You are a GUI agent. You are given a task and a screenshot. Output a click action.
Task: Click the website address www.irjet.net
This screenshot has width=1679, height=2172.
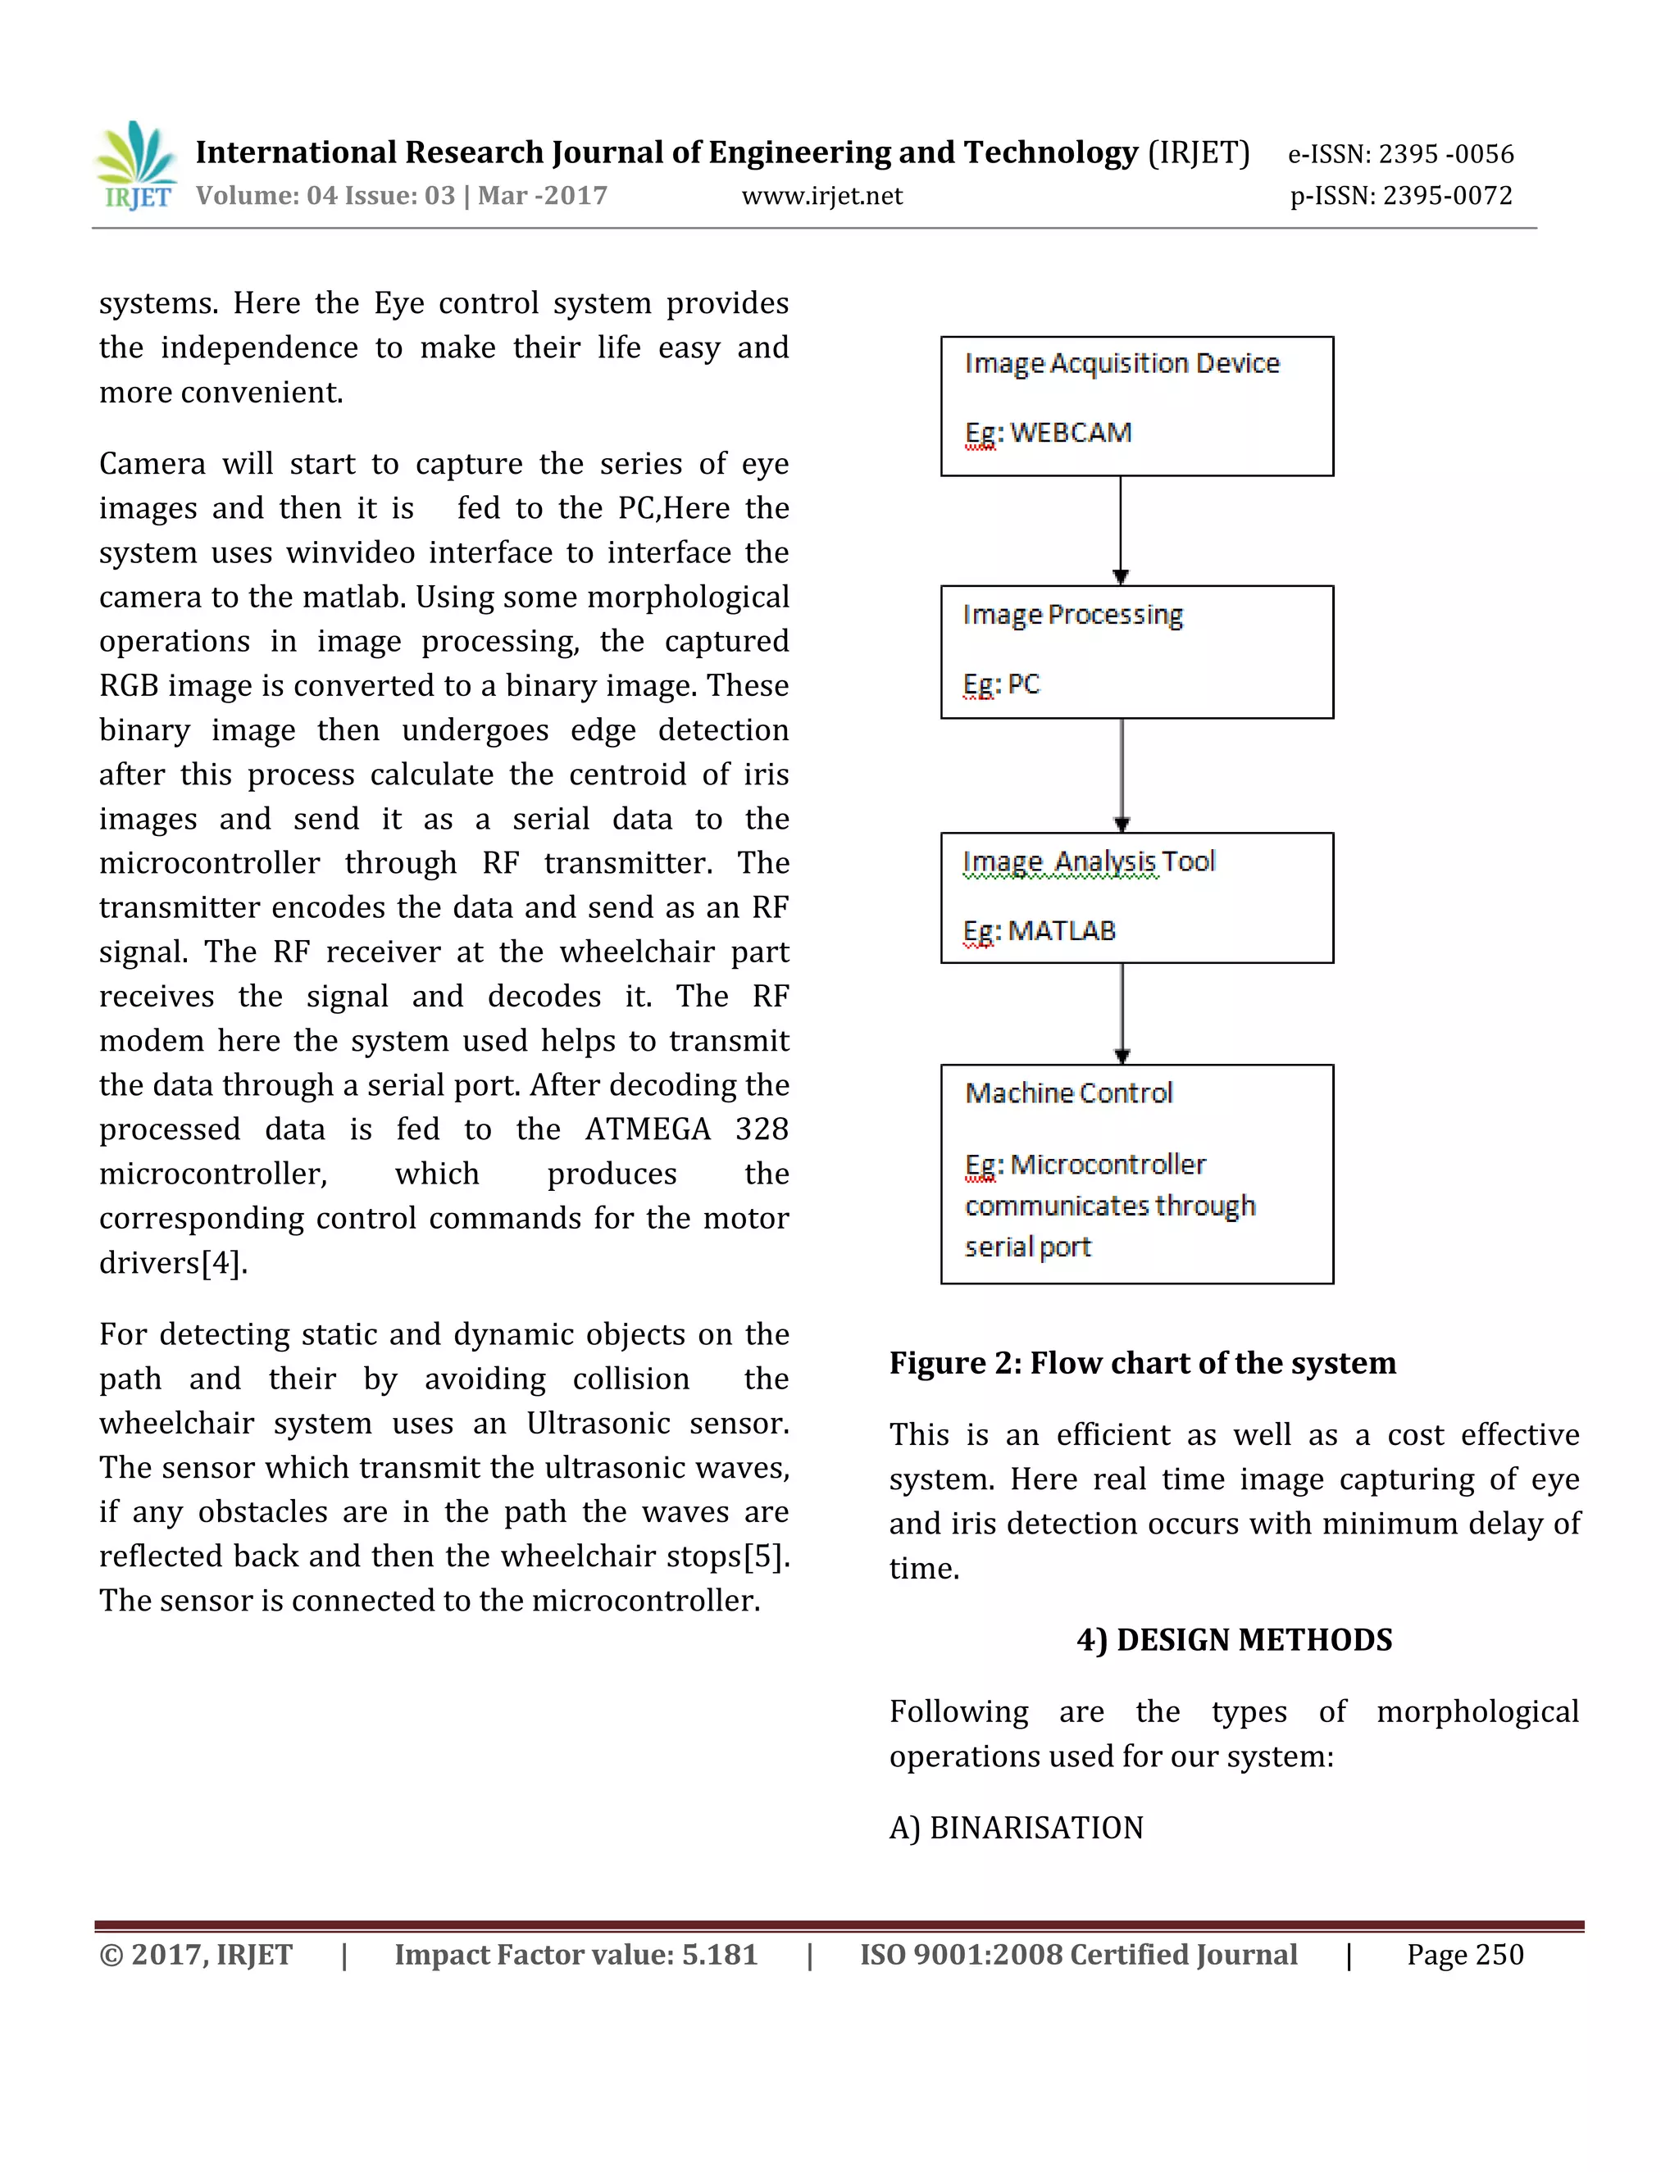tap(821, 196)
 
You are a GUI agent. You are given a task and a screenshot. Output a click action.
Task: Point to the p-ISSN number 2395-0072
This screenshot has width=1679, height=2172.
tap(1447, 196)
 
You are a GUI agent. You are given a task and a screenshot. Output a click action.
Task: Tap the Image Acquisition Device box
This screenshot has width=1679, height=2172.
tap(1136, 406)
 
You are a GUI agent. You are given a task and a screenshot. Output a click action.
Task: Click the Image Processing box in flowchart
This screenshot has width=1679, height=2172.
tap(1136, 652)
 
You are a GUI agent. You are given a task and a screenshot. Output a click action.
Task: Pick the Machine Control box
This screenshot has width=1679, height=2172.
tap(1136, 1174)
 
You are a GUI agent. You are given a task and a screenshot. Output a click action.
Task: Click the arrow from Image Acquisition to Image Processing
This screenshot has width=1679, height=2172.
tap(1121, 529)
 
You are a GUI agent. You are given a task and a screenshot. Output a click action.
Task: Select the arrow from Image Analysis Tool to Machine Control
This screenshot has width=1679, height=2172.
tap(1122, 1012)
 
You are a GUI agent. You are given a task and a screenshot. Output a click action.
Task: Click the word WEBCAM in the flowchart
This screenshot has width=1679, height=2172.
tap(1072, 434)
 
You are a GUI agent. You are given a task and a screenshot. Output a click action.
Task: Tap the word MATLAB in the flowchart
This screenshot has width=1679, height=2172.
tap(1062, 931)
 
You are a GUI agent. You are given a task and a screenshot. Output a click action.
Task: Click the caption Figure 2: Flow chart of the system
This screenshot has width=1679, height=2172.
tap(1142, 1362)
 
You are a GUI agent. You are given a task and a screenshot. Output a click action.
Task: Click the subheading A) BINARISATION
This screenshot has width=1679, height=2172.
tap(1016, 1828)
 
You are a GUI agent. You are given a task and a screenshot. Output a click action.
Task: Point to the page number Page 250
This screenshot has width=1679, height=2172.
tap(1464, 1955)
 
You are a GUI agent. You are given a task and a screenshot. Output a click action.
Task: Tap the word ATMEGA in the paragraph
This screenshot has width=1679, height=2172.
tap(648, 1129)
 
